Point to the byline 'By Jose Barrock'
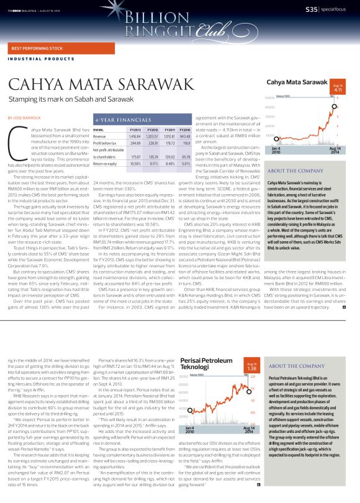pos(23,117)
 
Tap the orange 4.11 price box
pos(339,89)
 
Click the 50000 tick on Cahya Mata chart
pos(269,99)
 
